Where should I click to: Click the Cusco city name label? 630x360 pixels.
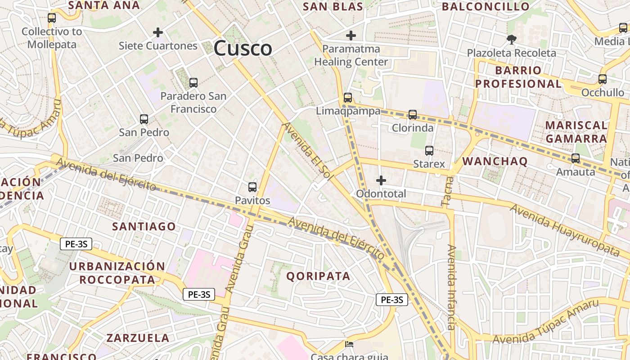(243, 48)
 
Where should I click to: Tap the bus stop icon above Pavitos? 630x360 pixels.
(252, 187)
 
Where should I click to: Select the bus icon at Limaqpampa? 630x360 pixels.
(348, 98)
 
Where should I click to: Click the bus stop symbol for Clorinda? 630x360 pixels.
(413, 115)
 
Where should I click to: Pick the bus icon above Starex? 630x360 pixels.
(429, 151)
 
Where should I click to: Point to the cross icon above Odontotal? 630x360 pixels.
(381, 181)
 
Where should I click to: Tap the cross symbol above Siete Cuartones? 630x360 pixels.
(158, 32)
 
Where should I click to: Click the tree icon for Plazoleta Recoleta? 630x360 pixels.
(511, 40)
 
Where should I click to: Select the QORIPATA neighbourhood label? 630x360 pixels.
(318, 276)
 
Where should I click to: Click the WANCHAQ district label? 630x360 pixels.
(495, 162)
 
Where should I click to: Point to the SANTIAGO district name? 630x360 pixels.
(144, 226)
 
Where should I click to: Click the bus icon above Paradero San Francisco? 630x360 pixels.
(193, 83)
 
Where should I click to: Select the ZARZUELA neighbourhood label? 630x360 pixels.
(138, 338)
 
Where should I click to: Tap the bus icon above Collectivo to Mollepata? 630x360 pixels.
(52, 18)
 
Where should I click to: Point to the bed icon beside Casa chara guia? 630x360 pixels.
(349, 345)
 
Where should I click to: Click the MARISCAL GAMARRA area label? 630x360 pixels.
(576, 131)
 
